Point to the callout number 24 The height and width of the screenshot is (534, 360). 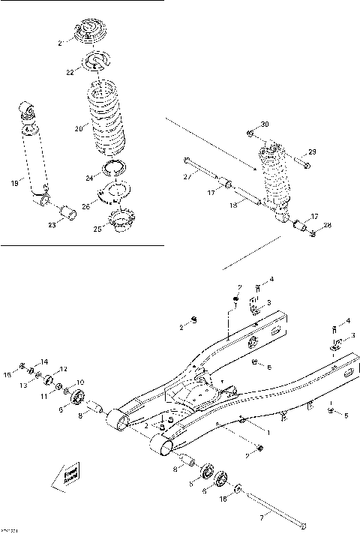(88, 178)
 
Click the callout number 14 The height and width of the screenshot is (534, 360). (43, 361)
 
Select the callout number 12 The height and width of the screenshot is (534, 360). (64, 368)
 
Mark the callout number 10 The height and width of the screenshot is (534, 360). (80, 382)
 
